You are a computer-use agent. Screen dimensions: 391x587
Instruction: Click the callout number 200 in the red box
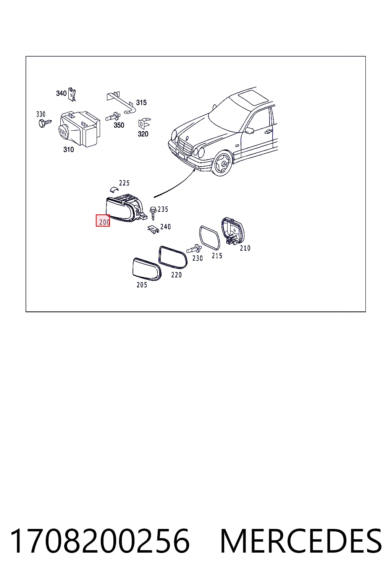click(104, 222)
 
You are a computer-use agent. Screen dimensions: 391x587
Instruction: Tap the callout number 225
click(124, 183)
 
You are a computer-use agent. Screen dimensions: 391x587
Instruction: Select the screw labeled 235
click(153, 213)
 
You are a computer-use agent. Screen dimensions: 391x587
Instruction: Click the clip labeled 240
click(153, 230)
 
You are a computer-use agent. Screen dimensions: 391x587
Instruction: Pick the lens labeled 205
click(147, 269)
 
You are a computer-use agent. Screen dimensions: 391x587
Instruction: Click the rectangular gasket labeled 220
click(173, 257)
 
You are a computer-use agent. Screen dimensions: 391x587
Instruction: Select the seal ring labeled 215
click(210, 238)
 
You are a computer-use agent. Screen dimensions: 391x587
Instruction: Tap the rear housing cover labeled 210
click(233, 231)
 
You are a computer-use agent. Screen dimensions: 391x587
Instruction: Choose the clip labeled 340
click(72, 94)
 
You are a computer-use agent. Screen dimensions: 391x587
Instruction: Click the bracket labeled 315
click(121, 102)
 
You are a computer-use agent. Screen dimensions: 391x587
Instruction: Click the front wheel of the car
click(223, 163)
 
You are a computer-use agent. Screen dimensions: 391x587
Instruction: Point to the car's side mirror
click(250, 130)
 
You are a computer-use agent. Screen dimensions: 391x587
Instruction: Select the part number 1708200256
click(100, 541)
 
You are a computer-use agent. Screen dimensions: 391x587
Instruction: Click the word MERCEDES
click(301, 541)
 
